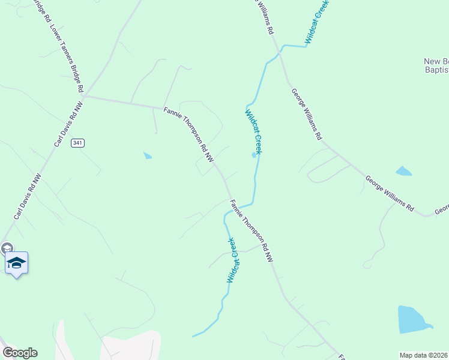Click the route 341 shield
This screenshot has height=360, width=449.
point(77,143)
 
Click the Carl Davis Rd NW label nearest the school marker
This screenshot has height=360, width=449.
point(28,196)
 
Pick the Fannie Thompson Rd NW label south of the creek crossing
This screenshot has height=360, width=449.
point(251,231)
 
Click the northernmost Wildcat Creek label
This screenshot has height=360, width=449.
point(318,22)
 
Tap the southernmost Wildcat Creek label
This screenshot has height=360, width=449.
point(232,260)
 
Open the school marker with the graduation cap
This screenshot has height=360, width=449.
point(16,263)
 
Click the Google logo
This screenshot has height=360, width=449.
point(20,353)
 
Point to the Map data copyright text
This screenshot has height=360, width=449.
point(423,355)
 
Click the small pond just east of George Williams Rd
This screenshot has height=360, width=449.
point(403,171)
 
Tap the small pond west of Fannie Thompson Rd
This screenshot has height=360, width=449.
point(148,156)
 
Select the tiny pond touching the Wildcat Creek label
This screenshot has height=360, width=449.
point(253,156)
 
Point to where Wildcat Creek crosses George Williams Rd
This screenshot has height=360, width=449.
point(280,52)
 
